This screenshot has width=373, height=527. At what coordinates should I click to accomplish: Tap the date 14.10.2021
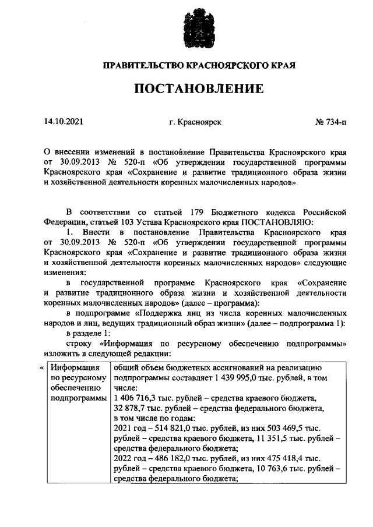point(64,122)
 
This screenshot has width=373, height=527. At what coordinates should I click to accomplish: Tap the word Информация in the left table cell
point(72,369)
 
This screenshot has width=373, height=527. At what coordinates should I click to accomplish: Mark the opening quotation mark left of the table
point(41,368)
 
